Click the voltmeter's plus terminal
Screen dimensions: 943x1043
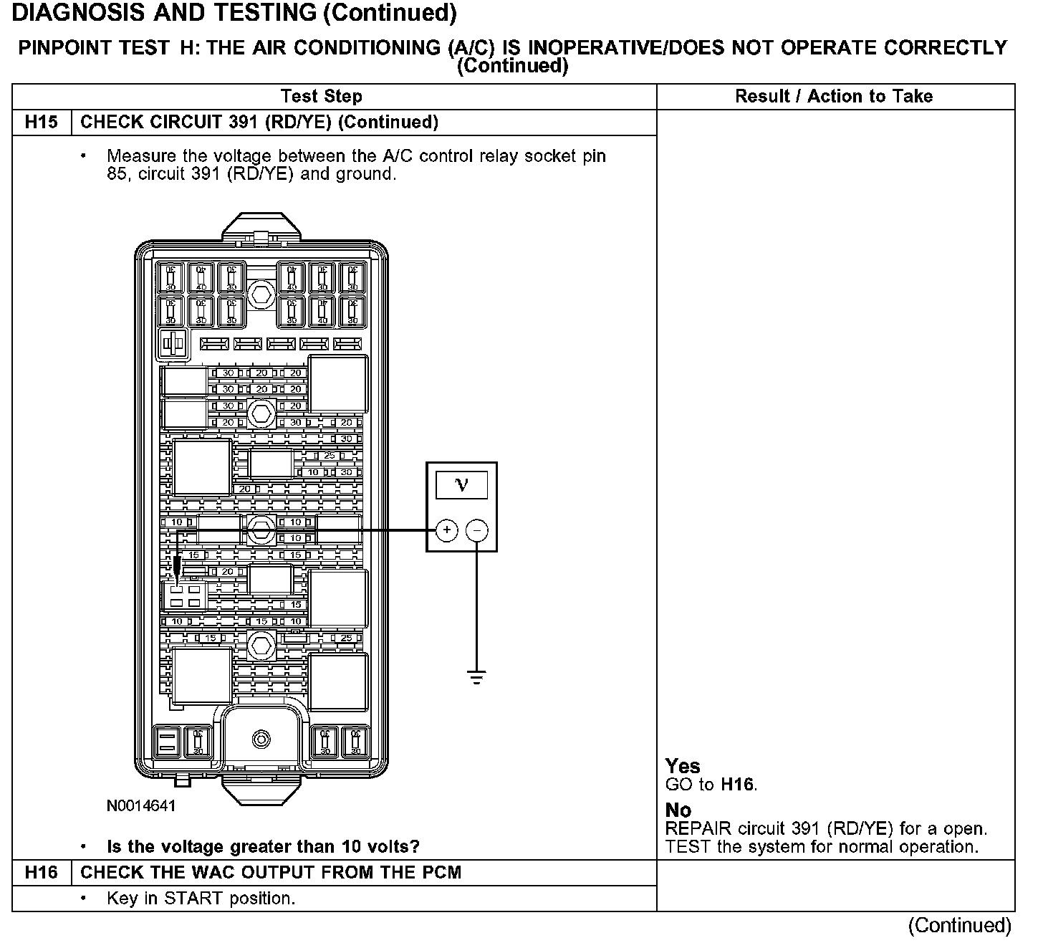point(446,530)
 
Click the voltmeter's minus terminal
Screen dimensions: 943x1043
point(477,530)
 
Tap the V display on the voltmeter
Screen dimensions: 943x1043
point(461,485)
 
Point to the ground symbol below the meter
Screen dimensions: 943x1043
point(477,676)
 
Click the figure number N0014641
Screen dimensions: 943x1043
point(141,806)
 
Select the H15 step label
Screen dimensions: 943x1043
point(41,122)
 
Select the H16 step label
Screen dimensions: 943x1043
point(41,872)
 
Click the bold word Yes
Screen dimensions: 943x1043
point(683,766)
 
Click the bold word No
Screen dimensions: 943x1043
point(678,810)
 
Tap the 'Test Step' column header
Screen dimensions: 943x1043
point(322,96)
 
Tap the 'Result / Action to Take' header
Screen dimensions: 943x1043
point(834,96)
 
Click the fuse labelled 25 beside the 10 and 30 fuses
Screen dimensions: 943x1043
point(330,456)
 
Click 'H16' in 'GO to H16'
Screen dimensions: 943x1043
point(738,785)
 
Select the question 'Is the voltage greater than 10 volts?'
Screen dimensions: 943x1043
point(263,846)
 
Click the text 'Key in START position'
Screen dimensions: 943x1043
point(201,898)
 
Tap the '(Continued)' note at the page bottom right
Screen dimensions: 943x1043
point(959,925)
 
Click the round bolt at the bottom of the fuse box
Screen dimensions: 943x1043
point(261,739)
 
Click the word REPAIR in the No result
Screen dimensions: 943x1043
point(698,829)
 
